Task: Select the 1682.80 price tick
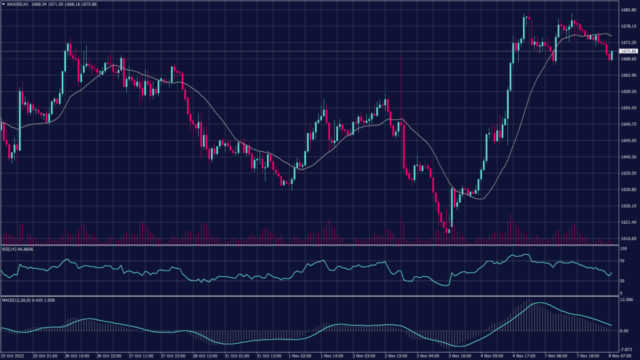tap(629, 10)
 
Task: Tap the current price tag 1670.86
tap(629, 51)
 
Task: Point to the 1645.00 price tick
tap(629, 141)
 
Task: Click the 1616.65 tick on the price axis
tap(629, 238)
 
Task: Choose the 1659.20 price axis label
tap(629, 91)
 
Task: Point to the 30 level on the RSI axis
tap(622, 281)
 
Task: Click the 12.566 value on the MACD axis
tap(627, 300)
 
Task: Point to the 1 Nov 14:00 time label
tap(332, 356)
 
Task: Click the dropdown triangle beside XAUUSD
tap(3, 4)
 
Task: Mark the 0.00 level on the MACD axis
tap(624, 331)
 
